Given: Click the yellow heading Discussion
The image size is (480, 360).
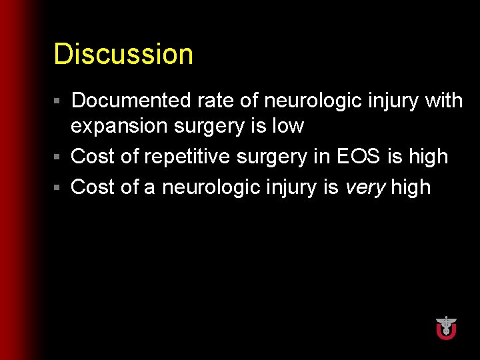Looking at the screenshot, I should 123,54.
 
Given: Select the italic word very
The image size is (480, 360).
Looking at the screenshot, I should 365,187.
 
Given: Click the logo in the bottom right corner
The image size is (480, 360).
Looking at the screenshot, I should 446,327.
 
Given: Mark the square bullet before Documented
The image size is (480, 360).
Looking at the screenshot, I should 58,101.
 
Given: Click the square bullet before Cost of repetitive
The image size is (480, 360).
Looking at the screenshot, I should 58,157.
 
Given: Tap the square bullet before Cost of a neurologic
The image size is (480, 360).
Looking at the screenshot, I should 58,188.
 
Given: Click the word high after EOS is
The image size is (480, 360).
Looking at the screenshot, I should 428,157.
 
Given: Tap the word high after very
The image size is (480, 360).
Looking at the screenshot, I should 411,187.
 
